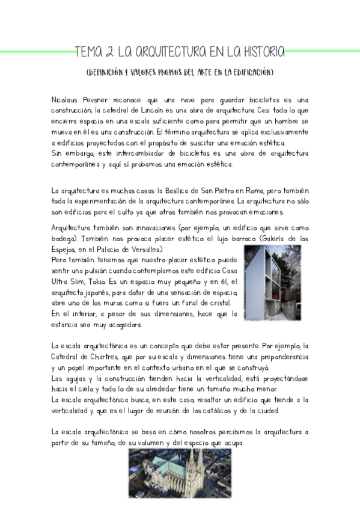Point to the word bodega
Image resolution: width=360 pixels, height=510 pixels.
click(x=66, y=239)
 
